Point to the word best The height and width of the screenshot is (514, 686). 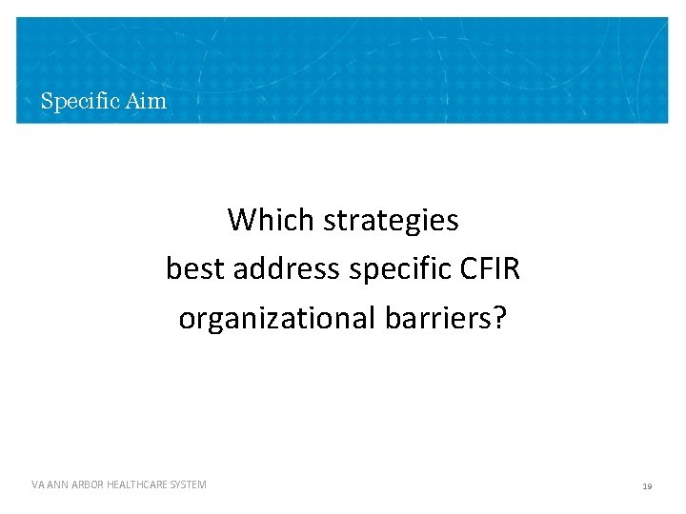click(x=195, y=269)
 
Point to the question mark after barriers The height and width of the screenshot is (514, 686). click(x=500, y=318)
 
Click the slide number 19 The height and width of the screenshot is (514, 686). click(x=647, y=486)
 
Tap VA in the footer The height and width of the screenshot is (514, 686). click(x=37, y=485)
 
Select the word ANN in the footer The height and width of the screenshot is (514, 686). click(x=57, y=485)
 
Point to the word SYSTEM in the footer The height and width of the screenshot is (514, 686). click(x=189, y=485)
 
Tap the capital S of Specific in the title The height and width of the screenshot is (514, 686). click(x=46, y=100)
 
